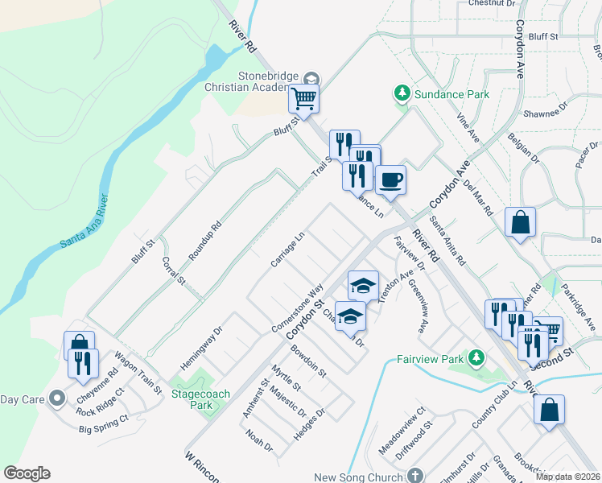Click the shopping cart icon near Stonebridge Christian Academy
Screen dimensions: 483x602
pyautogui.click(x=304, y=99)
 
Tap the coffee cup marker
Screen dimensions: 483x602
pyautogui.click(x=390, y=180)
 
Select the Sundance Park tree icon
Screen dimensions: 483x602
pyautogui.click(x=402, y=94)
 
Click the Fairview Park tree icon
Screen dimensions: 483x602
pyautogui.click(x=476, y=357)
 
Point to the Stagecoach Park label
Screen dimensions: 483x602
pyautogui.click(x=191, y=399)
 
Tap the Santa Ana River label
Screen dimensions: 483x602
pyautogui.click(x=85, y=221)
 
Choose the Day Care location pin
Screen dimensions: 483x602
pyautogui.click(x=56, y=398)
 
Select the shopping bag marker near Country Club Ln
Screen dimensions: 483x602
pyautogui.click(x=549, y=409)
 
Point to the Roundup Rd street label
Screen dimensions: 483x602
pyautogui.click(x=204, y=241)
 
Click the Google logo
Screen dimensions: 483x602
pyautogui.click(x=27, y=473)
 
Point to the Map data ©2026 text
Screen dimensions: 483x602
pyautogui.click(x=568, y=477)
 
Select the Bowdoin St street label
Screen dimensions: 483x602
pyautogui.click(x=308, y=361)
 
